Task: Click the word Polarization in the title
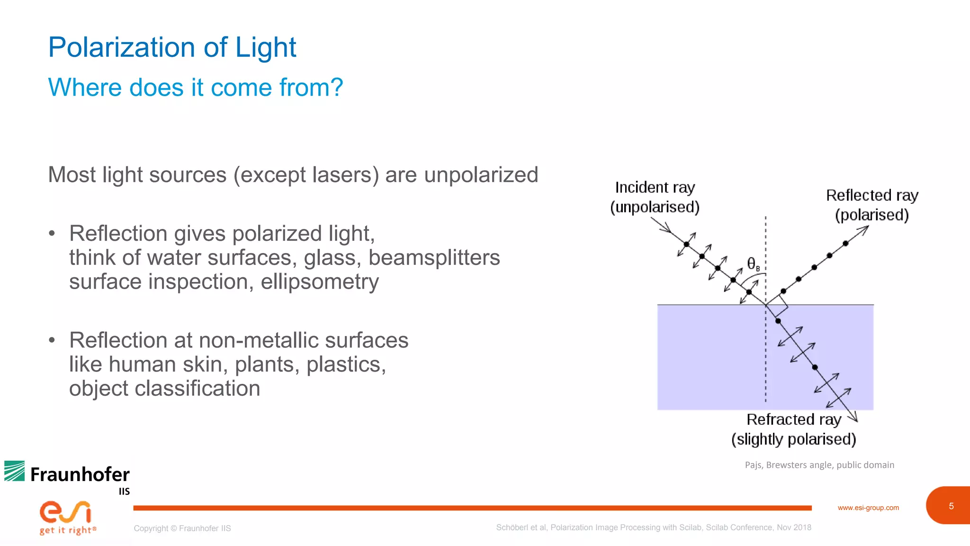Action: [x=121, y=48]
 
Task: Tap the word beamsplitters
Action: [x=434, y=258]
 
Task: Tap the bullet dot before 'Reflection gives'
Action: [x=52, y=234]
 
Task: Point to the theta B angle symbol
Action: [x=753, y=264]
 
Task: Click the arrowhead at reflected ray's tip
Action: [x=864, y=229]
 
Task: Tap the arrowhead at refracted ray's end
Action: [x=853, y=417]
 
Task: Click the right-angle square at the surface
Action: [x=777, y=306]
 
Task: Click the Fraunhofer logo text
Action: [x=80, y=474]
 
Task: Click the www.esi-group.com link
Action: [x=868, y=508]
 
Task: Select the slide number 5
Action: [x=951, y=506]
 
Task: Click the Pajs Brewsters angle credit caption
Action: [x=819, y=465]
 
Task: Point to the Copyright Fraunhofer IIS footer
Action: [x=182, y=528]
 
